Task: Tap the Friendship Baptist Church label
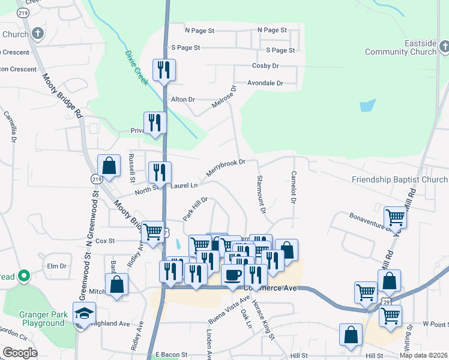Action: click(x=399, y=179)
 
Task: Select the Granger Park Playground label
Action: click(x=34, y=318)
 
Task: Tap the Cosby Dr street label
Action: click(x=265, y=65)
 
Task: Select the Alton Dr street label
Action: click(x=183, y=99)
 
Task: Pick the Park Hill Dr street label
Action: click(x=195, y=208)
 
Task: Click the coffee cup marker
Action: click(x=232, y=275)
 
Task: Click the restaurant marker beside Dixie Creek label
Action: click(x=163, y=70)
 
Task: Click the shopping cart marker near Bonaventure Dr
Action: click(x=395, y=217)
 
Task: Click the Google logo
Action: click(x=19, y=353)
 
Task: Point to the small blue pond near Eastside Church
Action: click(x=367, y=106)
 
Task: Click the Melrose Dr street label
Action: click(x=224, y=96)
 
